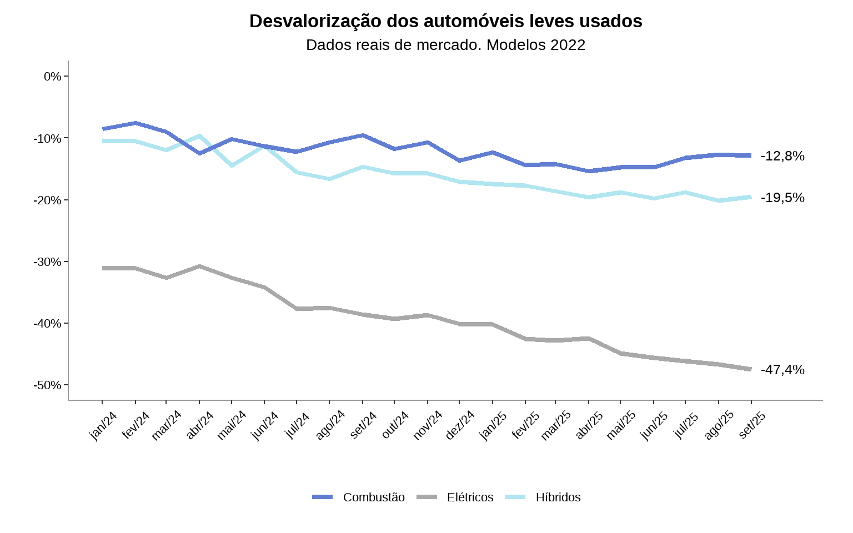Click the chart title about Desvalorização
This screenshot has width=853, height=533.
pos(445,21)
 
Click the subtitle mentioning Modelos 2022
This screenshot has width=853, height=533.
pos(445,45)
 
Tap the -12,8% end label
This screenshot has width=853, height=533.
pos(782,156)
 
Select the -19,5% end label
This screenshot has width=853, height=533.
pos(782,198)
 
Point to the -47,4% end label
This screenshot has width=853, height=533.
pos(782,370)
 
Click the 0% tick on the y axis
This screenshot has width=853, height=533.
pos(53,76)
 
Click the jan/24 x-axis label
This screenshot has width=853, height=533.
pos(103,426)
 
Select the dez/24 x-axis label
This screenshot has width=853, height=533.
pos(460,426)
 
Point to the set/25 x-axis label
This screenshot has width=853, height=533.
pos(752,426)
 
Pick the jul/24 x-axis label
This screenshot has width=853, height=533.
pos(298,426)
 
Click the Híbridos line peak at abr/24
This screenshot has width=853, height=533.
pos(199,135)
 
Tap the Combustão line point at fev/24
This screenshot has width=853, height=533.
pos(136,123)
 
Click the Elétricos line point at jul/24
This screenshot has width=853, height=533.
pos(297,309)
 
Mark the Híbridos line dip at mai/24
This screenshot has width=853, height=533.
pos(232,165)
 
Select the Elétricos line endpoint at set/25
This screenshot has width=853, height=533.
pos(751,369)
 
